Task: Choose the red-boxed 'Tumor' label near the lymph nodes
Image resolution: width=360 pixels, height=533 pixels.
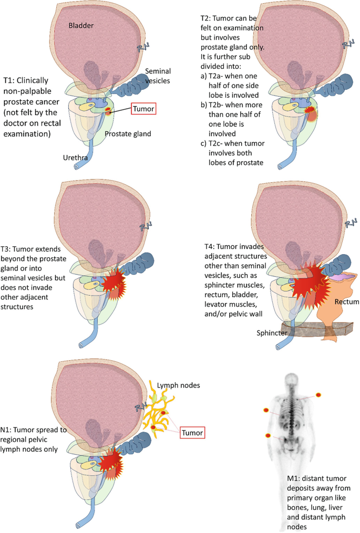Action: [191, 433]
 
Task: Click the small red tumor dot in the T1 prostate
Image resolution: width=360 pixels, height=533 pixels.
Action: [109, 111]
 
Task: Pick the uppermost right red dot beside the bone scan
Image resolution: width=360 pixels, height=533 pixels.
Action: [318, 395]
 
